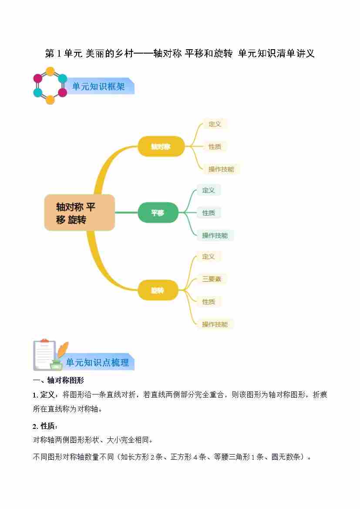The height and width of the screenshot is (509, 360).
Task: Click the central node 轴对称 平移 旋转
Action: click(79, 212)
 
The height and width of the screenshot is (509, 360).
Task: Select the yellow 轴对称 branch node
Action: click(161, 146)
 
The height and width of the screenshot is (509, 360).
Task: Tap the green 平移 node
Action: click(158, 213)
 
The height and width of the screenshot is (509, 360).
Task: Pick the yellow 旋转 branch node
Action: click(158, 290)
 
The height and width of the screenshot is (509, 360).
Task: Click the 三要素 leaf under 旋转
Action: click(212, 279)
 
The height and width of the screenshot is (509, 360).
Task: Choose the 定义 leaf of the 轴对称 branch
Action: click(215, 124)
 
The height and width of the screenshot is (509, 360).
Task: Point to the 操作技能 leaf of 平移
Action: click(215, 236)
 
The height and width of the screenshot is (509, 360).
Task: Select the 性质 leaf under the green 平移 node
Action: click(209, 213)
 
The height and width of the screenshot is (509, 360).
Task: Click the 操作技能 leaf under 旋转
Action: click(215, 324)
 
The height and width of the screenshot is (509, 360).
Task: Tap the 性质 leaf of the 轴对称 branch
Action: click(215, 147)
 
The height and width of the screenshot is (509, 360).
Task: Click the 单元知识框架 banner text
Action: click(98, 87)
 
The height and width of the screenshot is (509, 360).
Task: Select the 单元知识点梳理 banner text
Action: click(98, 362)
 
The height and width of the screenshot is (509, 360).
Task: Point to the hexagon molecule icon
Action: click(50, 85)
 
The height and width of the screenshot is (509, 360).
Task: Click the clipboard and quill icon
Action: click(49, 354)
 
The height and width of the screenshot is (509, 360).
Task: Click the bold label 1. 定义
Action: click(44, 395)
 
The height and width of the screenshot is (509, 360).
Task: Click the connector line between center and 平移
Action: click(126, 212)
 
